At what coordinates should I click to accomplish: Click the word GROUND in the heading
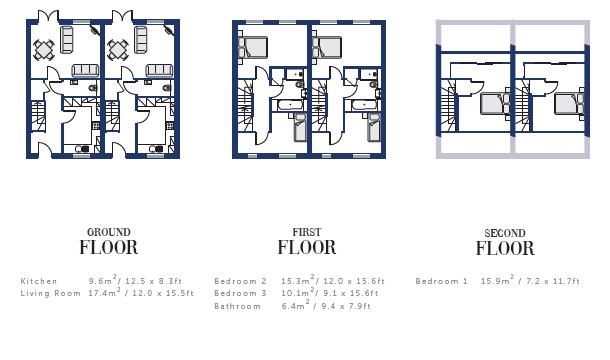(x=109, y=232)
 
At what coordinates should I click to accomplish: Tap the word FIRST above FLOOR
(x=307, y=232)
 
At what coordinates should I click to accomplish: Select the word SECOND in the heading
(x=505, y=233)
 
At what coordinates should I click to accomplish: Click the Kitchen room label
(x=39, y=281)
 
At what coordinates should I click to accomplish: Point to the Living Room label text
(x=50, y=293)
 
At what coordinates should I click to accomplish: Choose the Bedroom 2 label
(x=240, y=281)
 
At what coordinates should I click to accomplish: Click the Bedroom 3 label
(x=240, y=293)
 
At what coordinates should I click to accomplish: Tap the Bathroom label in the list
(x=237, y=306)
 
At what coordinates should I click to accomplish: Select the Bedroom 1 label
(x=442, y=281)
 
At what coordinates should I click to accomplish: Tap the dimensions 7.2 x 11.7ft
(x=553, y=281)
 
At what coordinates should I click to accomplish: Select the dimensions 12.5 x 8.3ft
(x=153, y=281)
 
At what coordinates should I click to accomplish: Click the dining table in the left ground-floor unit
(x=44, y=50)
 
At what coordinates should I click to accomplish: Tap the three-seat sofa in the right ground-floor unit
(x=160, y=70)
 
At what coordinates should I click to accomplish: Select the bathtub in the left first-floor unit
(x=289, y=105)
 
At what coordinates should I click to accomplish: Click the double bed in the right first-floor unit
(x=327, y=47)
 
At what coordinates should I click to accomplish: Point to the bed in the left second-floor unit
(x=495, y=104)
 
